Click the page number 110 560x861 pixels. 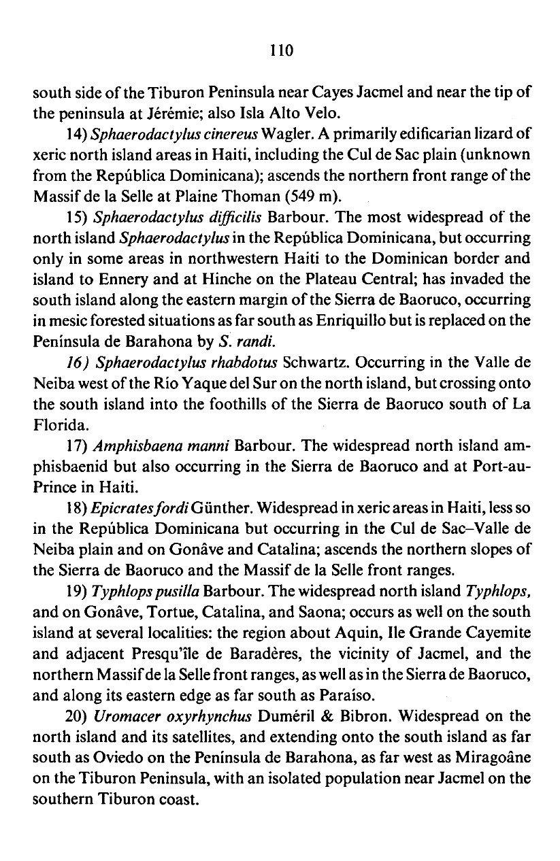(x=280, y=50)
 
